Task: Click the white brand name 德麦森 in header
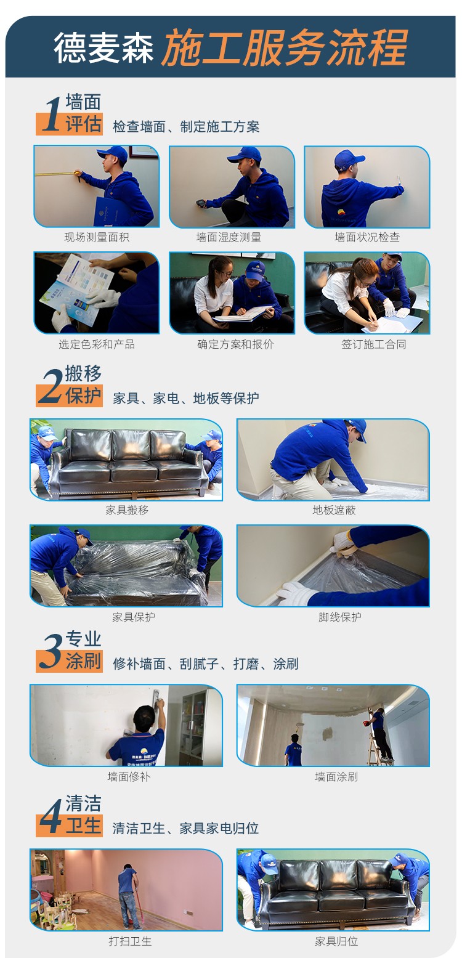coord(103,47)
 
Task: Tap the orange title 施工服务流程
coord(284,47)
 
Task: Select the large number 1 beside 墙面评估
coord(52,114)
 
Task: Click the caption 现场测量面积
coord(97,237)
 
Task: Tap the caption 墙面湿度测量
coord(229,237)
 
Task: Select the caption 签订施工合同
coord(373,344)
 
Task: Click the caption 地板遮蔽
coord(334,509)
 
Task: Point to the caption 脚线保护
coord(339,617)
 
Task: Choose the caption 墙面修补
coord(129,776)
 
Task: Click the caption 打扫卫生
coord(130,941)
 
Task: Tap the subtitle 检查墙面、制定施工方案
coord(186,126)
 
